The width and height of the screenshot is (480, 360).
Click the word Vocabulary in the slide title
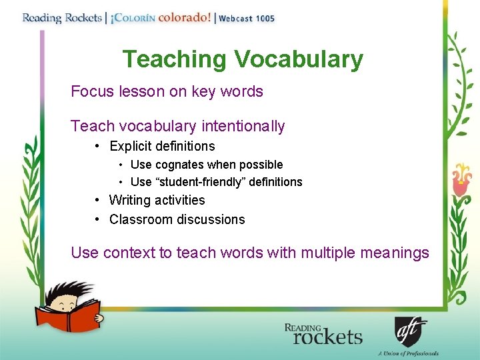[298, 60]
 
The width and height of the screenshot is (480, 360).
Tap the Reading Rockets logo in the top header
[61, 18]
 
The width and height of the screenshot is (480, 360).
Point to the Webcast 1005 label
[247, 19]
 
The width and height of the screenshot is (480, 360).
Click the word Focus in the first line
[93, 91]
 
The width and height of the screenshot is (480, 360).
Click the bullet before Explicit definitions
[97, 146]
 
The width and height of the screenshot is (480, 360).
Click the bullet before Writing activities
[97, 200]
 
